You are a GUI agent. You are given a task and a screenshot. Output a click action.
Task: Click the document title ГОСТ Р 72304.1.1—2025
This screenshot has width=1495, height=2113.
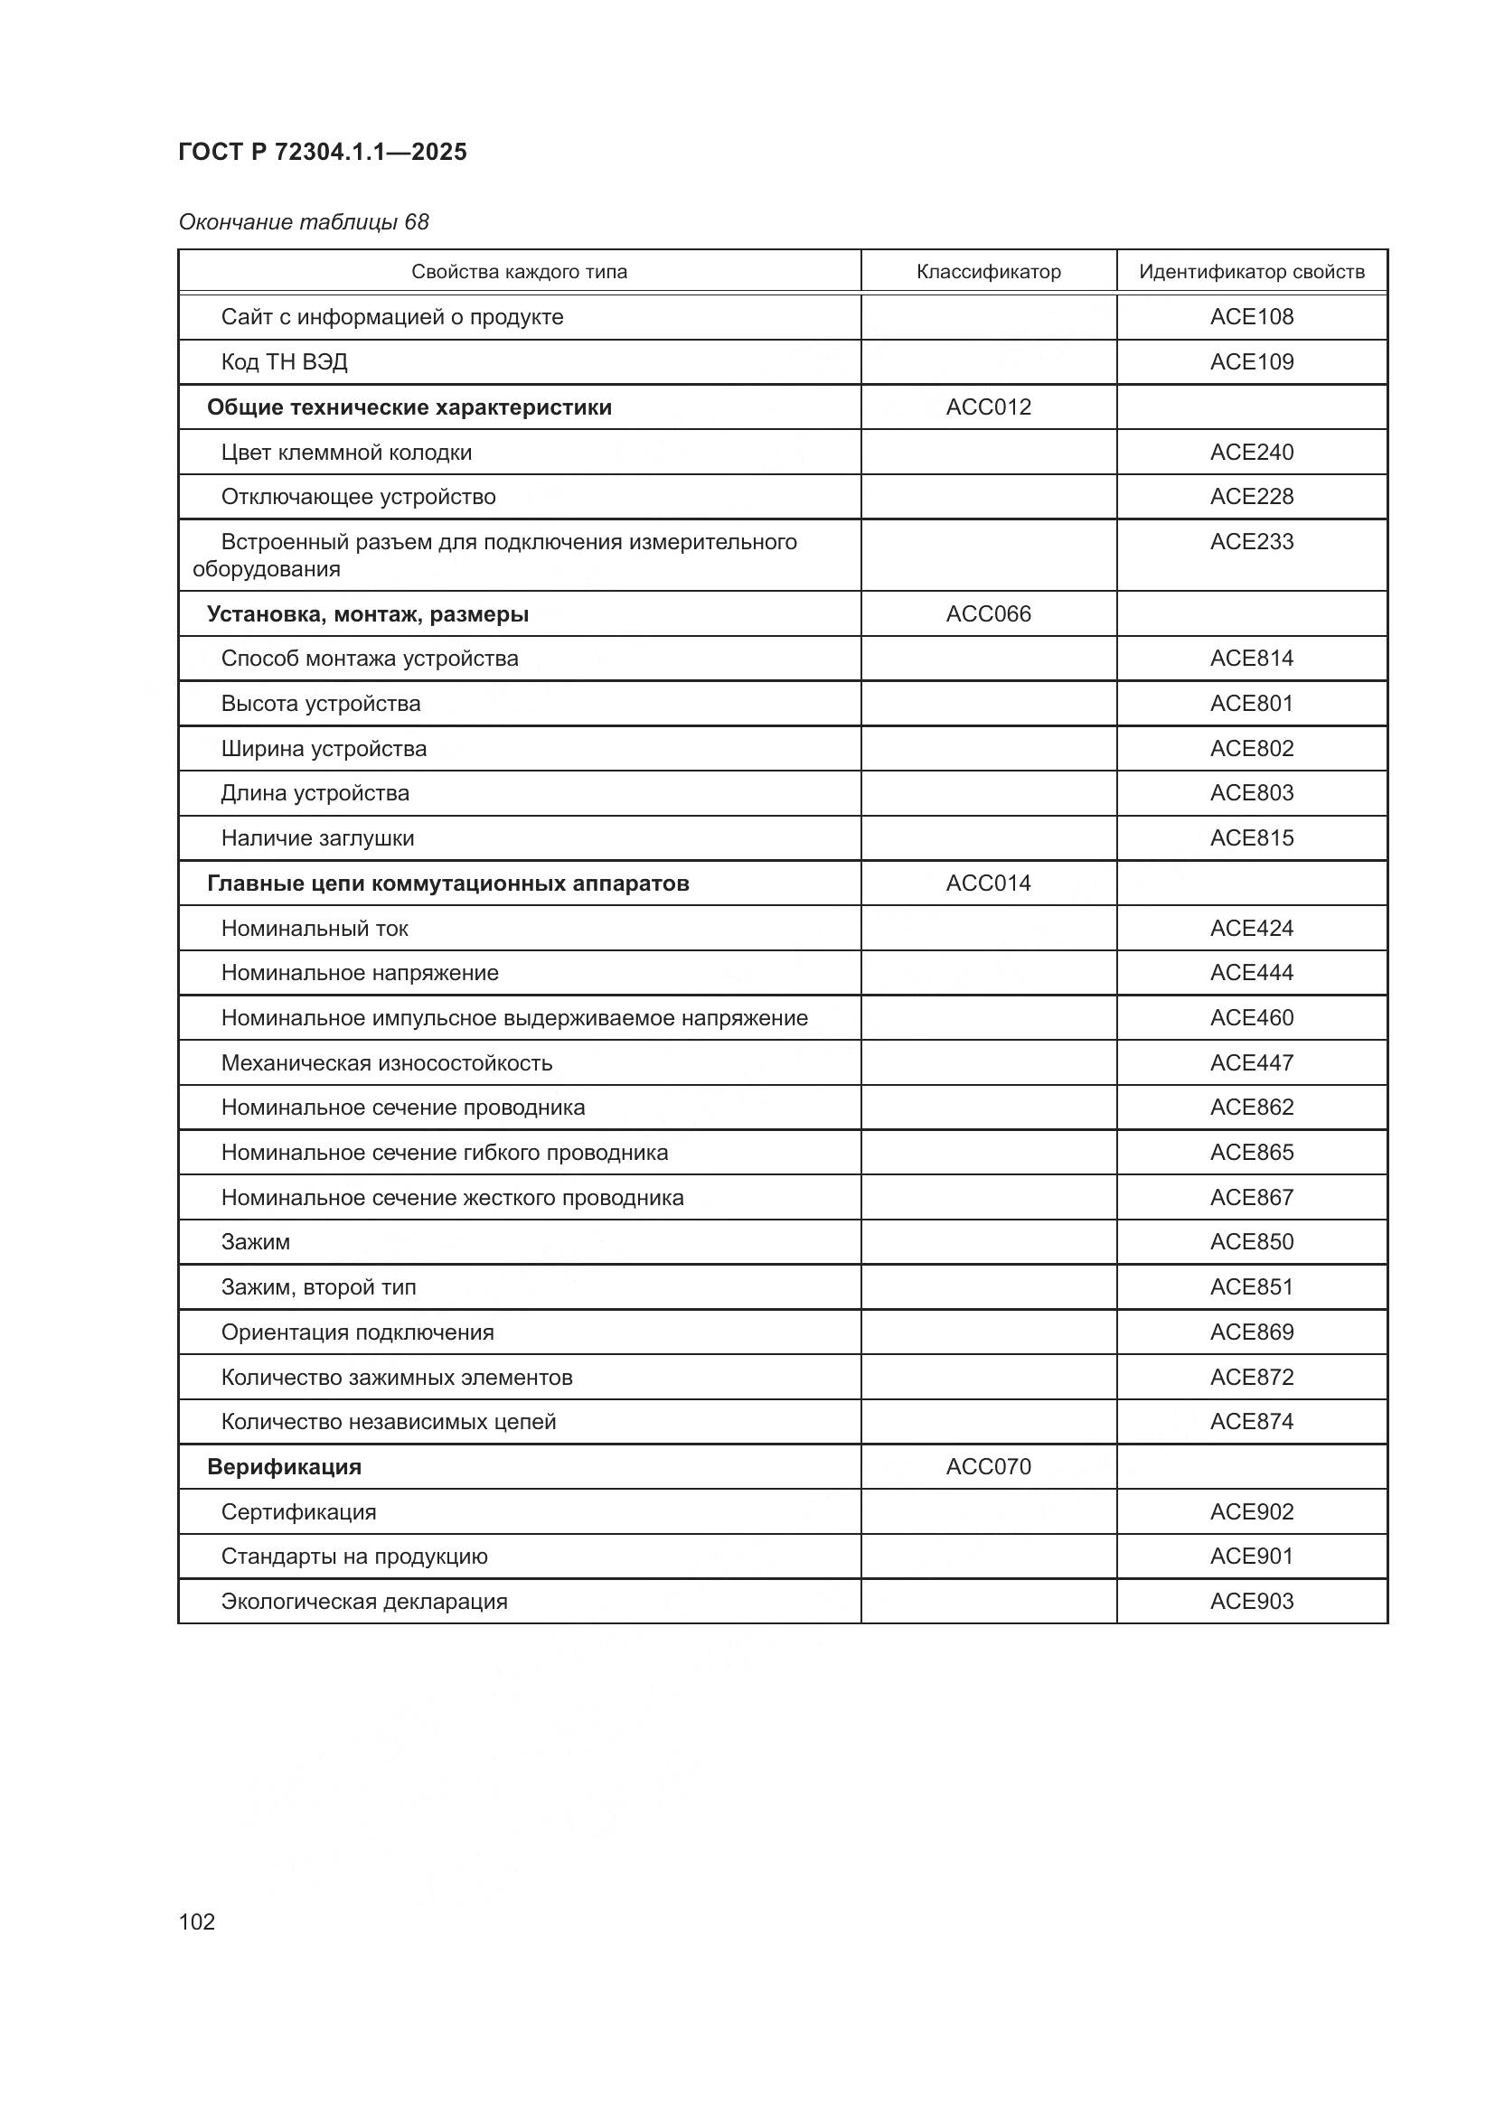322,152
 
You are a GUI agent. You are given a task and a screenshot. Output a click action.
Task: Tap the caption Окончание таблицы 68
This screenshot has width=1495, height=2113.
304,222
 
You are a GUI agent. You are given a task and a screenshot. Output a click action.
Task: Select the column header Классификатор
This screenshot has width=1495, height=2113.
988,272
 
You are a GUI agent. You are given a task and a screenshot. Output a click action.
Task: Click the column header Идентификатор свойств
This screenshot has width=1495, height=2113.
1251,272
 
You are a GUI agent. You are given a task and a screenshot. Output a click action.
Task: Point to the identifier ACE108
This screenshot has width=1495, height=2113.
1251,316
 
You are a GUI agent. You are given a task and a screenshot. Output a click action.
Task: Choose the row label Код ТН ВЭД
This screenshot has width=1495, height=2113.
284,361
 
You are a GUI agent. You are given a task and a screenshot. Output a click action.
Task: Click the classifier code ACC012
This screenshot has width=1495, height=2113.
988,407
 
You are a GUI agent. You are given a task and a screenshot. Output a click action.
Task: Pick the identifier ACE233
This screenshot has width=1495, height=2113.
1251,541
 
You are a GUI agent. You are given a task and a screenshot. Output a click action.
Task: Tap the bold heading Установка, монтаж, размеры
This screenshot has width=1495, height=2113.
367,613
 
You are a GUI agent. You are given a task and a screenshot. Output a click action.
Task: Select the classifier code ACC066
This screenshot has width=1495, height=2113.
988,613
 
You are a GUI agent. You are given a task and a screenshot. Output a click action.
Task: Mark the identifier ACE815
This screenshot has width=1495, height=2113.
1251,837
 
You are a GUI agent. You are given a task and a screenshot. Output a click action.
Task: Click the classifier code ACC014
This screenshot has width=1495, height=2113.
988,883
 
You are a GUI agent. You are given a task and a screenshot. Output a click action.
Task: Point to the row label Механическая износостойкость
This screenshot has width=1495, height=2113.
387,1063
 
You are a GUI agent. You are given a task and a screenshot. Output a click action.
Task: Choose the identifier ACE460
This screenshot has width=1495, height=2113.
1251,1018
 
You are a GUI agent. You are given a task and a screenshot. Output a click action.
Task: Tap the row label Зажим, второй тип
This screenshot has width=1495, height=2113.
318,1286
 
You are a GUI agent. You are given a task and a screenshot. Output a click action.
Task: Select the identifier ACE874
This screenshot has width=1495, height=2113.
1251,1421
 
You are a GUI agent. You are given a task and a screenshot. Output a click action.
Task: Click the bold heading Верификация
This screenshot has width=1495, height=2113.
284,1466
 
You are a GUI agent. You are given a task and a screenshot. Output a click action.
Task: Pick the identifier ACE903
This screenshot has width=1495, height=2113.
1251,1601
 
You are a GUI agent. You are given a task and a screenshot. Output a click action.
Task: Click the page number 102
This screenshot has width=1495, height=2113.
197,1921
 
